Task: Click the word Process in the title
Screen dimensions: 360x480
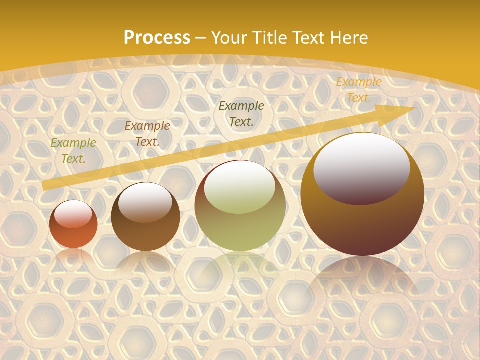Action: click(157, 38)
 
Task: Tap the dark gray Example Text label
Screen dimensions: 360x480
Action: click(241, 113)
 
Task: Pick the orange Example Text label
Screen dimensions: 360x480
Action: click(358, 90)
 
